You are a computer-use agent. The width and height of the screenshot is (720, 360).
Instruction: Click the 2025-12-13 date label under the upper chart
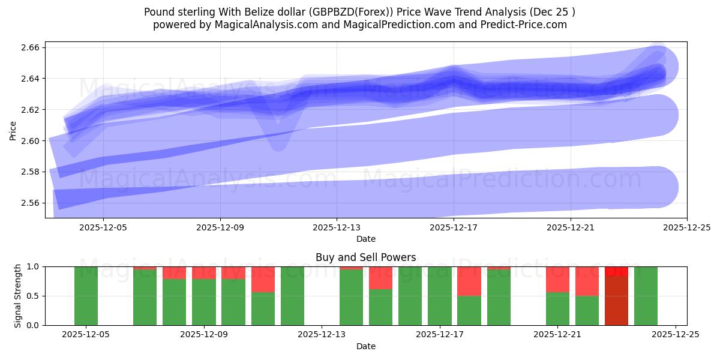(337, 227)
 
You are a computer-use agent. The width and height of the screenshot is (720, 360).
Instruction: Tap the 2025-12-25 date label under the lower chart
(676, 334)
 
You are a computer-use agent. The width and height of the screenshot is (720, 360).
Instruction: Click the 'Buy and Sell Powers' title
(366, 257)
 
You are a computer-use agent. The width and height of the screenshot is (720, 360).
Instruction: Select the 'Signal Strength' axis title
(18, 296)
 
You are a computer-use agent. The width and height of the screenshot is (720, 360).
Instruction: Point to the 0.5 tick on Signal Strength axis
(33, 296)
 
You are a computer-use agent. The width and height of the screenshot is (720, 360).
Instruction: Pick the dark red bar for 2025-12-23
(616, 300)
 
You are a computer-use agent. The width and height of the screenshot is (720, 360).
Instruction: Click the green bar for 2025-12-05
(86, 296)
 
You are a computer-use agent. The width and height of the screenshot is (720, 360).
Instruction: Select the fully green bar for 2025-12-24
(646, 296)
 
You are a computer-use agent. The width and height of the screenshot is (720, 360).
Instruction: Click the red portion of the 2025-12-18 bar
(469, 281)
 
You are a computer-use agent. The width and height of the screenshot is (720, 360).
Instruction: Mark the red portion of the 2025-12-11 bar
(263, 279)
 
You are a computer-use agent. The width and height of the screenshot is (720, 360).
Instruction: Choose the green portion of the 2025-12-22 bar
(587, 310)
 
